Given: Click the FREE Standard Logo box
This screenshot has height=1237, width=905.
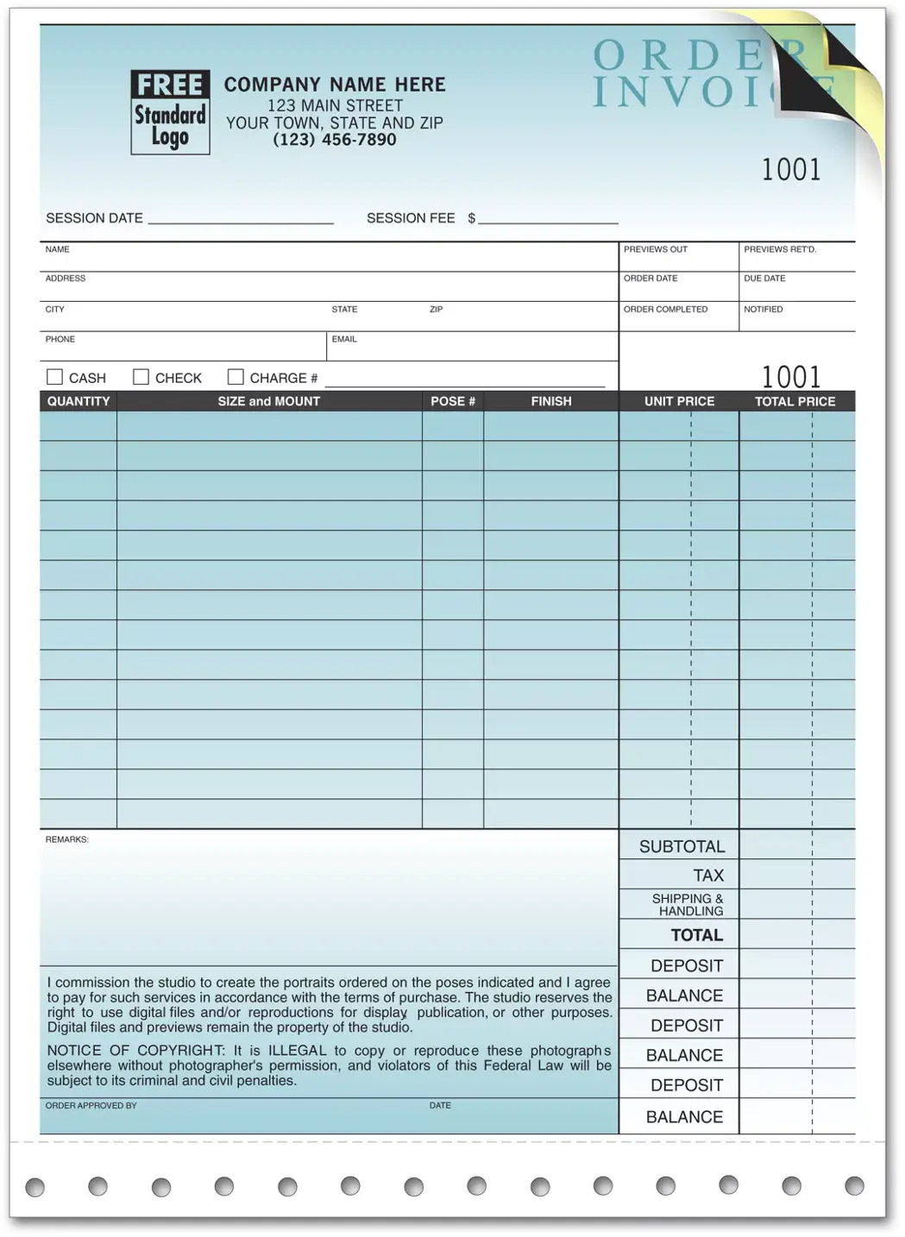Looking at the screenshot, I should point(170,112).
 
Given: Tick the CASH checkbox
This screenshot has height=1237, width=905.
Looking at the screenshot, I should point(54,377).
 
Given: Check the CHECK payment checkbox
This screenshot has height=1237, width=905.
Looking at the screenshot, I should point(141,377).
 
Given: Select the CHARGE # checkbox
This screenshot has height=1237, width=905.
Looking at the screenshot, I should point(236,377).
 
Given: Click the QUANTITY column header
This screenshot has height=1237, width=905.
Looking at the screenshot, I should point(79,401).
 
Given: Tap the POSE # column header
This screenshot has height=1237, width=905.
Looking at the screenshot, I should point(453,401).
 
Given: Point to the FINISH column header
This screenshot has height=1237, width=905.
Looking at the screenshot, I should point(551,401).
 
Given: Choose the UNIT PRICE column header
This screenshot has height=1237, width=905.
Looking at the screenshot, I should point(679,401).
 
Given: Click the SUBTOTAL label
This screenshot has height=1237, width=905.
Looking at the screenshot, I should point(682,846).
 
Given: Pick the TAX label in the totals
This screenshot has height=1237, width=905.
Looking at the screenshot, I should point(707,876).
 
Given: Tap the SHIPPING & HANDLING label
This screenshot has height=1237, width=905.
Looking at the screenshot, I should point(688,905).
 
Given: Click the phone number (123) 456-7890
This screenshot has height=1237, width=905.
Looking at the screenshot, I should point(335,140).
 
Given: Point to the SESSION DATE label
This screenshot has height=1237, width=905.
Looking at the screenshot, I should point(94,218).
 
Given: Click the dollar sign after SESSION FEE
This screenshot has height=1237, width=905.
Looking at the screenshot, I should point(472,218).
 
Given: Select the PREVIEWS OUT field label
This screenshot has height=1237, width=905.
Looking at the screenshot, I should point(656,249).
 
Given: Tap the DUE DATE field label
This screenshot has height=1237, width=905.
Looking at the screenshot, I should point(764,279).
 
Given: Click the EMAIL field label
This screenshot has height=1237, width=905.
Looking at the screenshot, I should point(344,339).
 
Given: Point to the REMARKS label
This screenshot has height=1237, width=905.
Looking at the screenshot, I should point(66,839).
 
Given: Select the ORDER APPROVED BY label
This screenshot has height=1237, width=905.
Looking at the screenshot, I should point(91,1105).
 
